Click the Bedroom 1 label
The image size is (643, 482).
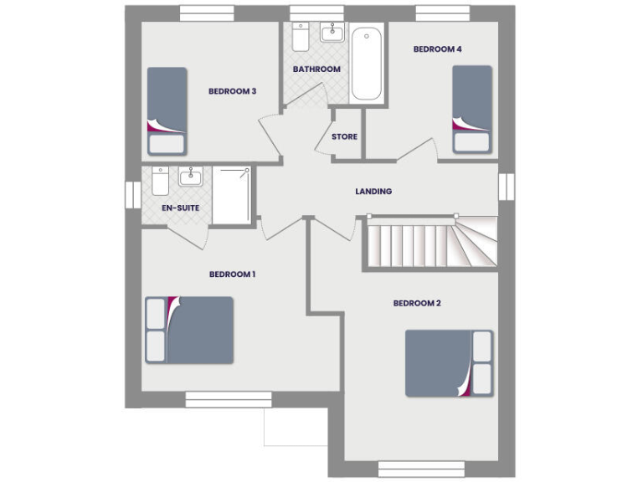click(x=232, y=274)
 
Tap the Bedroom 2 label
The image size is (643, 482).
click(x=416, y=303)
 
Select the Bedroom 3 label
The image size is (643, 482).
click(x=232, y=91)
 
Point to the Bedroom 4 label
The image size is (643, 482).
click(x=437, y=49)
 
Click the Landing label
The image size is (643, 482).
click(x=373, y=192)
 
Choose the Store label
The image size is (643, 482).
click(x=344, y=136)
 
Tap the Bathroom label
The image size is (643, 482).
click(x=316, y=69)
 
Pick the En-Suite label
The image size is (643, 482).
click(x=180, y=207)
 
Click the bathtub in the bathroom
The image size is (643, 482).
click(x=368, y=65)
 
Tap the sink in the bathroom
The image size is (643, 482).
click(x=332, y=33)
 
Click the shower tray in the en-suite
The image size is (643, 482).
click(x=232, y=195)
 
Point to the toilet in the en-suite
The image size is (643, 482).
click(x=161, y=180)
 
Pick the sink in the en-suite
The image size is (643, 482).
click(x=191, y=177)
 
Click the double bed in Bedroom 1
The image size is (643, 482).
click(x=189, y=330)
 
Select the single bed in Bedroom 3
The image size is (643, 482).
click(x=167, y=110)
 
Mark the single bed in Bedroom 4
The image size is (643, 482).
click(x=471, y=109)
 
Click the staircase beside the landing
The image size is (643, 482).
click(x=429, y=244)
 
